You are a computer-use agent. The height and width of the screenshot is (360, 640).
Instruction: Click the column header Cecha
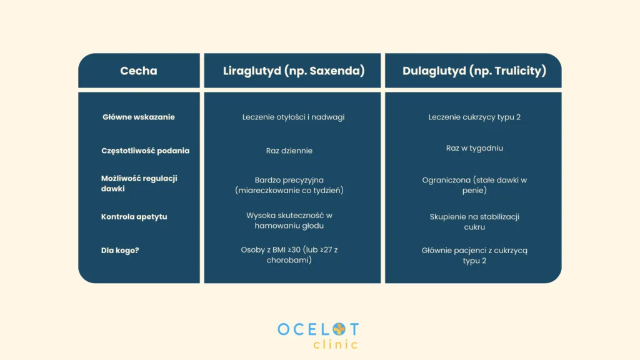point(139,71)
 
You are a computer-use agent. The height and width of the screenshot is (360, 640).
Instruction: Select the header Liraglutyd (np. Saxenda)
point(293,71)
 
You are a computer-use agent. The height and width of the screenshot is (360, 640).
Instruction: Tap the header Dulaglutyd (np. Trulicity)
point(474,71)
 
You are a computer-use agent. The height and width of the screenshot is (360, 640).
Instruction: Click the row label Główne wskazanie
point(139,117)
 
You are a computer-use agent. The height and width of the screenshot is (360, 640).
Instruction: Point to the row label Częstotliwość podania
point(145,151)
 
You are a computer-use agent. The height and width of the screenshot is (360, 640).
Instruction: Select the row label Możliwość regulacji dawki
point(139,183)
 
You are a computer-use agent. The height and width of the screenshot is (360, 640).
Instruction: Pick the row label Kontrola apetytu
point(134,217)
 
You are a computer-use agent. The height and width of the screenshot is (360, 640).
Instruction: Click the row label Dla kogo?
point(120,250)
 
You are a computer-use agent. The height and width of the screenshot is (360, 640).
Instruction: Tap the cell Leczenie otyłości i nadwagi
point(293,117)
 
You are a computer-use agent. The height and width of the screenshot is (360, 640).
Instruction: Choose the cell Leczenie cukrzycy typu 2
point(474,117)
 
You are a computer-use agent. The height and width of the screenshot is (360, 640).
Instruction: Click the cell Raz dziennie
point(289,151)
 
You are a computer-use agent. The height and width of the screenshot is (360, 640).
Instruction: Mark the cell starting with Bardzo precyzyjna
point(289,185)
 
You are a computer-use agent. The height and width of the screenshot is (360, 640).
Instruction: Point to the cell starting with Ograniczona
point(474,185)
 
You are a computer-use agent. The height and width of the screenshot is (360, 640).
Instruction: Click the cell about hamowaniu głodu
point(289,221)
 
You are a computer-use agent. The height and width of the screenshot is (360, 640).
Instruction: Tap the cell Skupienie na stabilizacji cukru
point(474,222)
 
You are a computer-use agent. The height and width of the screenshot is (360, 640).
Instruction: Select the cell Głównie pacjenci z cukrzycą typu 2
point(474,255)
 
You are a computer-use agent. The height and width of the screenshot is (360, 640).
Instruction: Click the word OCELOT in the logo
point(318,329)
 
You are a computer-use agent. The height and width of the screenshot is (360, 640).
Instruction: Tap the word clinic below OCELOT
point(336,344)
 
